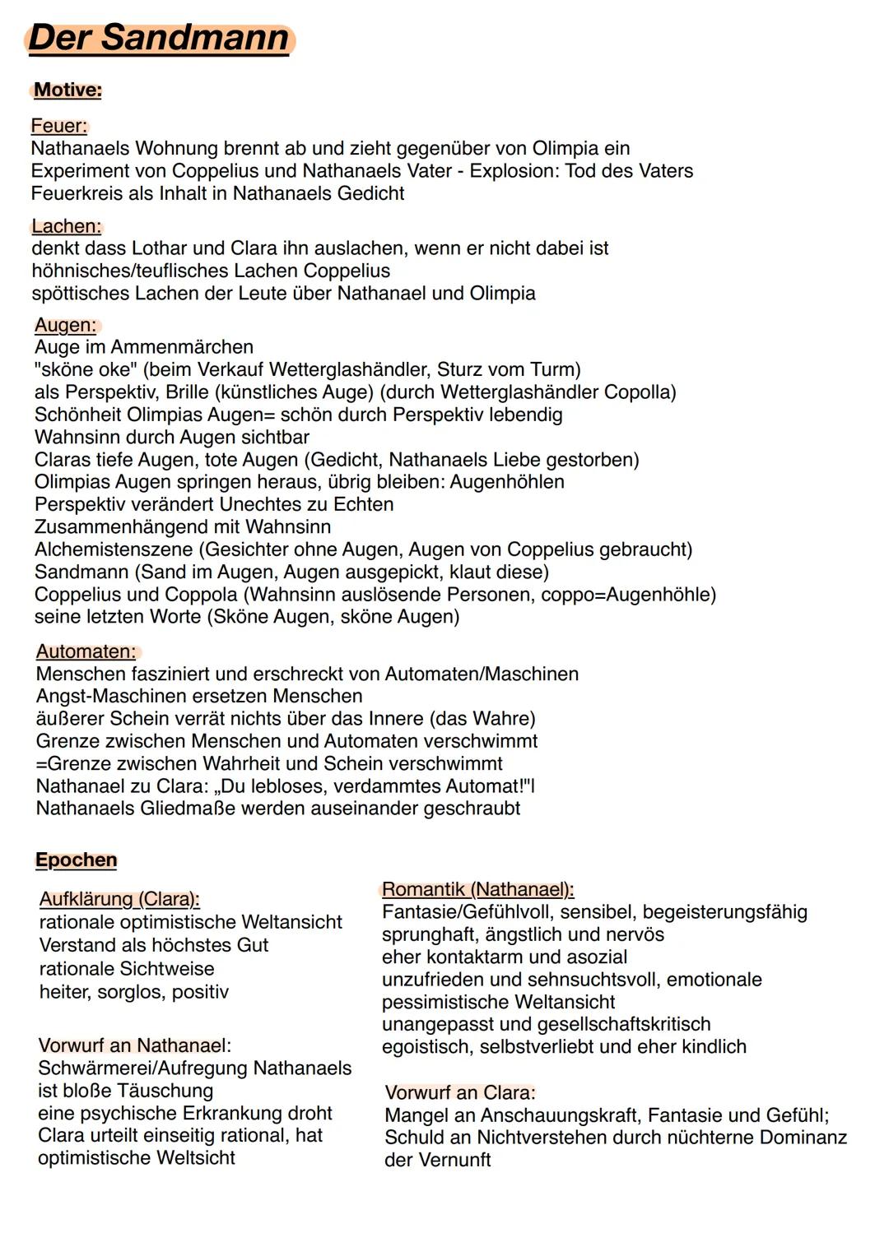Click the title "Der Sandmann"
click(159, 39)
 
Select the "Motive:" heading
click(67, 90)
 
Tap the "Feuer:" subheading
click(58, 126)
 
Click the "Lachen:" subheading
click(66, 226)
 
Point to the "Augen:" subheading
click(65, 325)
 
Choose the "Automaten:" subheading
click(86, 651)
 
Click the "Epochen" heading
click(76, 860)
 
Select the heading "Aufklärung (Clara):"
click(119, 900)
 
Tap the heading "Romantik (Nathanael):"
click(477, 889)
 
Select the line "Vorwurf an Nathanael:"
click(134, 1046)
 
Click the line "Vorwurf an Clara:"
click(460, 1093)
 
